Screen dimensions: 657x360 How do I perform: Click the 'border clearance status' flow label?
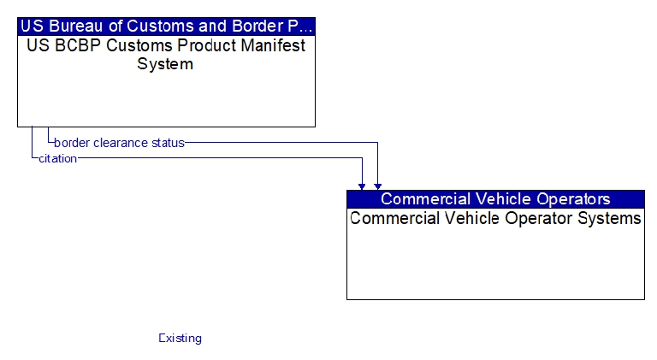pos(120,143)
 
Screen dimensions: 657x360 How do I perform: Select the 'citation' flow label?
pos(58,159)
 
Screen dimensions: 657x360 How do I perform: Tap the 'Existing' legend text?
pos(181,339)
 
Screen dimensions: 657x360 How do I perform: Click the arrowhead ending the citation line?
pos(362,186)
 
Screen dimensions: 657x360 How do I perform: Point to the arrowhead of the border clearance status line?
pos(378,186)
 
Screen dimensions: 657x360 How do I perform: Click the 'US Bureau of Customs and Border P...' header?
pos(166,27)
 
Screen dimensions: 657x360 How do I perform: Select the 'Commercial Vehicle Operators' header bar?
pos(495,199)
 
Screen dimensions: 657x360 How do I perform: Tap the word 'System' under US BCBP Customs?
pos(165,64)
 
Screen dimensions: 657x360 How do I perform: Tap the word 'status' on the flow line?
pos(168,143)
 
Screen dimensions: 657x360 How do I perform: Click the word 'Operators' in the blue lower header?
pos(574,199)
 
